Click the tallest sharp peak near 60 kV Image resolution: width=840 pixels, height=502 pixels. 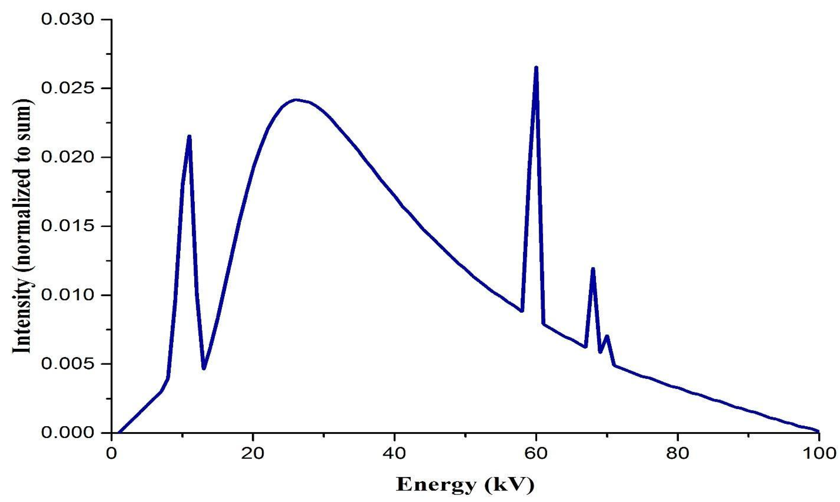(x=536, y=68)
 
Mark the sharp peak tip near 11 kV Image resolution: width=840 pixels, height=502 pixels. (x=189, y=136)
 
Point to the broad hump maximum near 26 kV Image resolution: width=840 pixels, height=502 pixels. (x=296, y=100)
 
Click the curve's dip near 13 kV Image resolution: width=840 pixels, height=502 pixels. (x=204, y=368)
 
